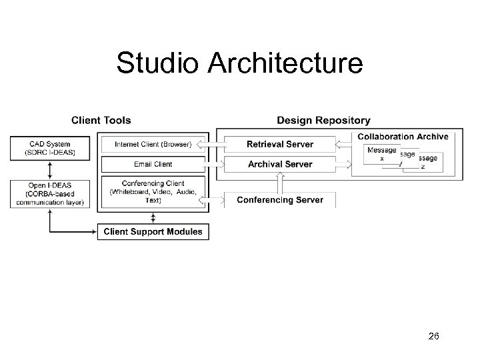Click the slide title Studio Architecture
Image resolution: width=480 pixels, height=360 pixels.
point(239,63)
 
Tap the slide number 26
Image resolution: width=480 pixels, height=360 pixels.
point(433,337)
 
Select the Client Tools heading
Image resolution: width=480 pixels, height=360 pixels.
point(101,121)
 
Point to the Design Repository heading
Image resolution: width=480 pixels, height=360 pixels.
point(323,121)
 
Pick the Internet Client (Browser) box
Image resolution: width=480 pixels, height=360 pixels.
point(153,144)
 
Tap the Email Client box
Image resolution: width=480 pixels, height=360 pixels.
point(153,164)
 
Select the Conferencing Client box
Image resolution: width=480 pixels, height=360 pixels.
point(153,192)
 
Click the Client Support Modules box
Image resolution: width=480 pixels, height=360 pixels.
point(153,232)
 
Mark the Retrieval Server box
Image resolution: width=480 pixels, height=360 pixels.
point(280,144)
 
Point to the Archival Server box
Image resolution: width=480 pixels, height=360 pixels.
point(280,164)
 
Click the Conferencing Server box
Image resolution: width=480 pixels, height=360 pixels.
point(280,200)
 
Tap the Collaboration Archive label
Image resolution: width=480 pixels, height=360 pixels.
point(403,137)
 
